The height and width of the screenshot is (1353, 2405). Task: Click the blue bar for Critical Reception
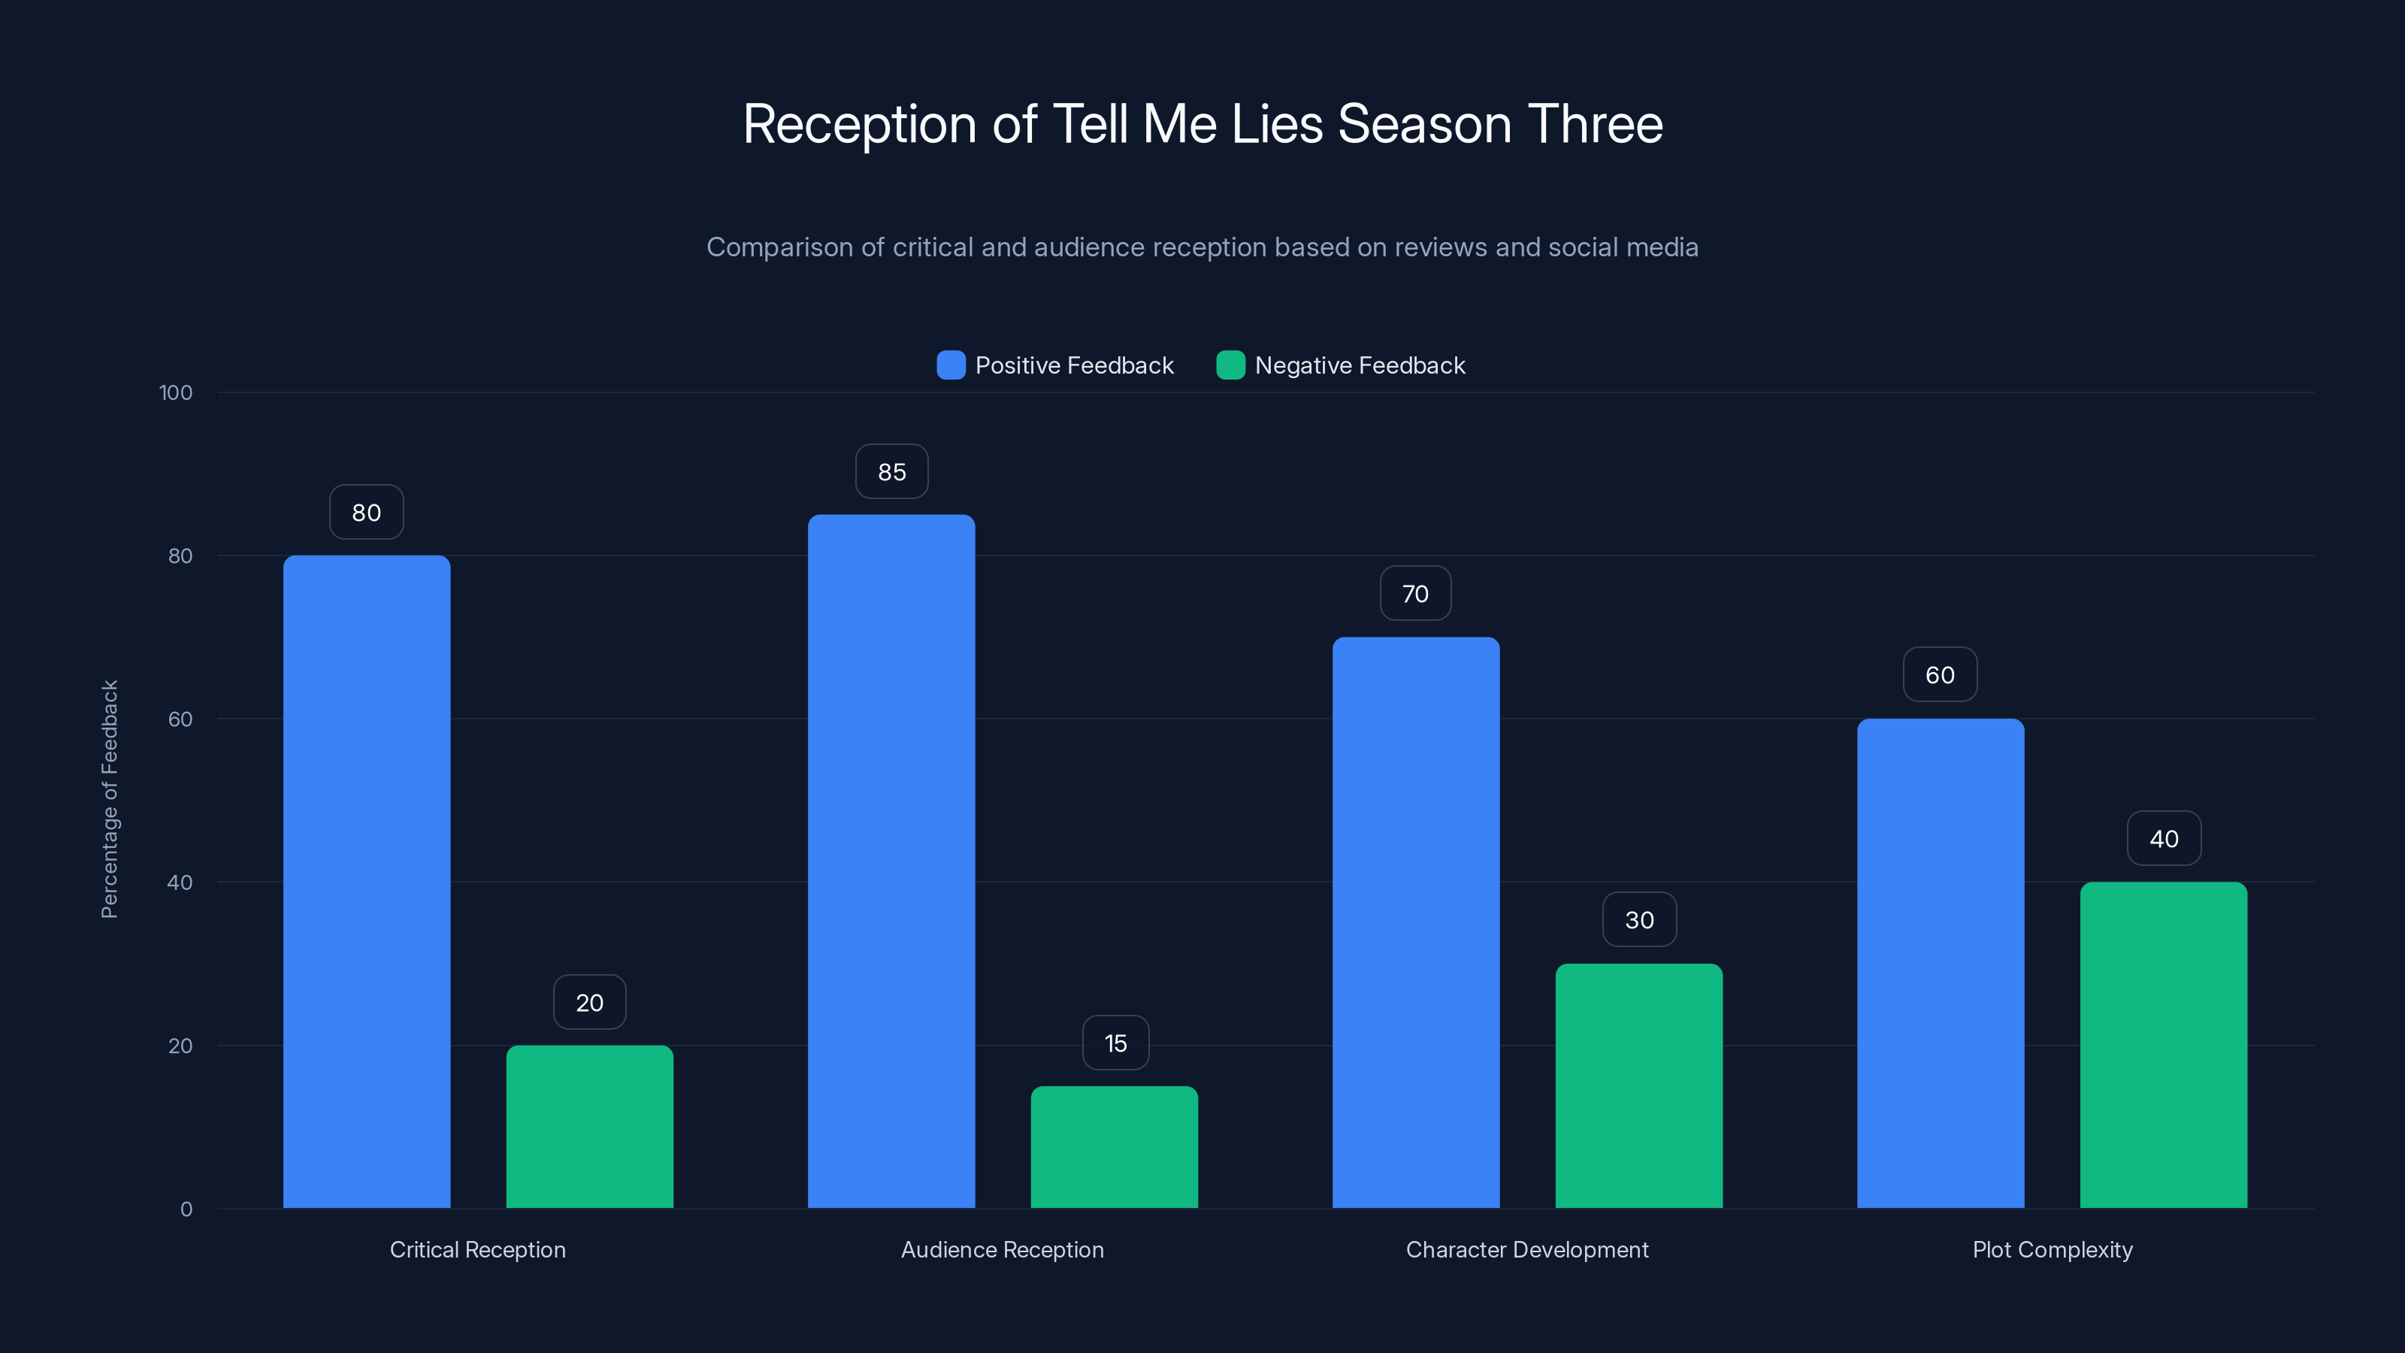[x=366, y=882]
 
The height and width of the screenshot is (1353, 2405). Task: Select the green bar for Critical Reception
[x=589, y=1126]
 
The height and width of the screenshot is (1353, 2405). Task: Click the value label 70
[x=1415, y=594]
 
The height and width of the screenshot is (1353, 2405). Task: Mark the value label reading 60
[x=1939, y=675]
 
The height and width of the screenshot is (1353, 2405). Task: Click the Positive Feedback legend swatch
[x=951, y=365]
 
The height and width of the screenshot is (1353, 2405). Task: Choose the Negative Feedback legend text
[x=1360, y=365]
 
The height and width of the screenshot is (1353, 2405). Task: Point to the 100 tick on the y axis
[x=176, y=392]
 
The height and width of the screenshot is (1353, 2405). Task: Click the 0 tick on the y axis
[x=186, y=1209]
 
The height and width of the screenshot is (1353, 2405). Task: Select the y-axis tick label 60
[x=180, y=719]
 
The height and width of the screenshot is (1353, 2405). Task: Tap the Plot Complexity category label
[x=2052, y=1249]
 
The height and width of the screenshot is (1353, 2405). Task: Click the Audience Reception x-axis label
[x=1002, y=1249]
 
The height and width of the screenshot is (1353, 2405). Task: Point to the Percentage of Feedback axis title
[x=109, y=799]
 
